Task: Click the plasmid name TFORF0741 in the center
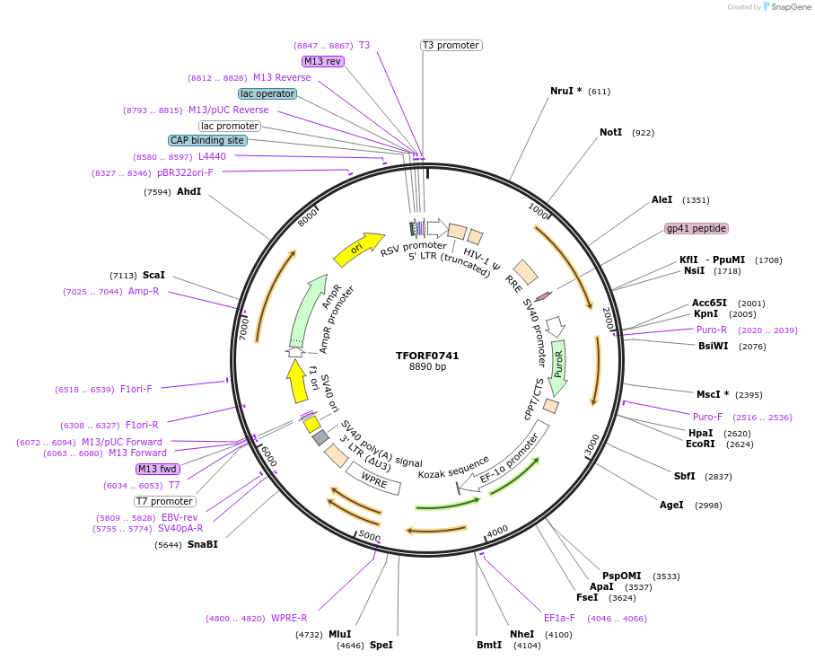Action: click(x=427, y=355)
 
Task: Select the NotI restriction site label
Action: click(x=610, y=132)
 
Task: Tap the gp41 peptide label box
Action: click(x=696, y=228)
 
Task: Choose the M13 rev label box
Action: click(x=322, y=61)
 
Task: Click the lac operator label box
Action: click(x=267, y=93)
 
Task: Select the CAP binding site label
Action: click(x=207, y=140)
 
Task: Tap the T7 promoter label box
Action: click(x=164, y=501)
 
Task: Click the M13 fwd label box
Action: click(x=158, y=469)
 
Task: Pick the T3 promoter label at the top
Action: click(x=451, y=45)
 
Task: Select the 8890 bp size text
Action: click(x=427, y=367)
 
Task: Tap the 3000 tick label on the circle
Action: click(x=592, y=444)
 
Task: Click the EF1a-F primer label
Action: click(x=559, y=618)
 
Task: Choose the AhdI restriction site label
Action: click(x=188, y=191)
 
